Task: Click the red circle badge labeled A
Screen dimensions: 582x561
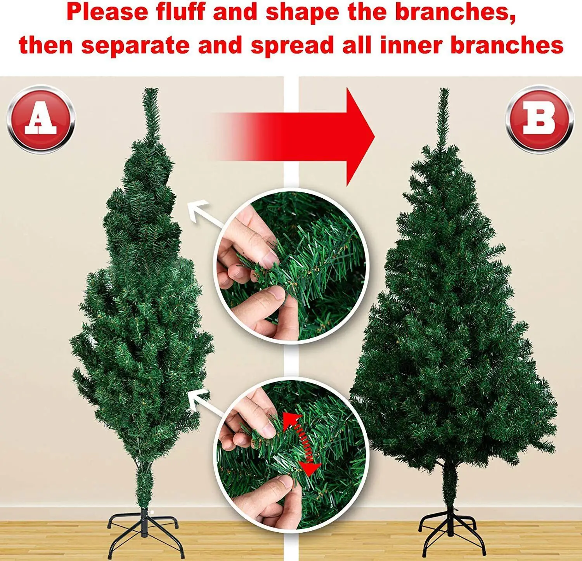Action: (x=41, y=119)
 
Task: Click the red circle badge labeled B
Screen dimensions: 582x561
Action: (x=539, y=119)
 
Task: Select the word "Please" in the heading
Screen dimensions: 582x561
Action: (x=107, y=12)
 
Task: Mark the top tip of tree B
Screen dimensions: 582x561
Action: (x=443, y=89)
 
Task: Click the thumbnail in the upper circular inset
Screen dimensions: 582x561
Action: (x=291, y=267)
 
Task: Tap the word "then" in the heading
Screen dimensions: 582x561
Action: (x=46, y=45)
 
